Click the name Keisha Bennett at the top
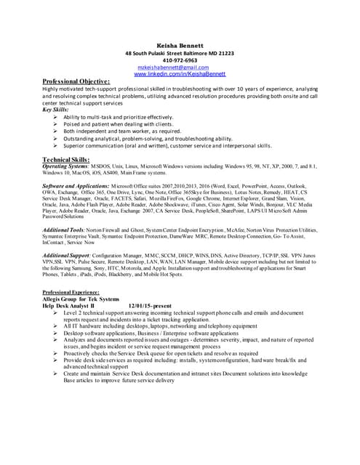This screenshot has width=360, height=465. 180,45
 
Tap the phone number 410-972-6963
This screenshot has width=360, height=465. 180,60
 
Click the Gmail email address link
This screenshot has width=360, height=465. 178,68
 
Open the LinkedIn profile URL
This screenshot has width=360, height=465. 180,74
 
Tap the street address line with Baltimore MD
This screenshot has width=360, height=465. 180,53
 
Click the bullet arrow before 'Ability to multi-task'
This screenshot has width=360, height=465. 56,117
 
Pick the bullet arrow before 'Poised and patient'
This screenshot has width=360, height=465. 56,124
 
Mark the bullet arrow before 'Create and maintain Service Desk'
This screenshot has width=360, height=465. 56,373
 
